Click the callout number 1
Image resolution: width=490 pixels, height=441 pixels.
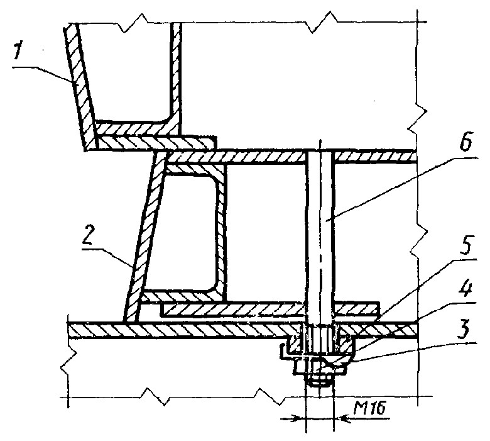[x=18, y=52]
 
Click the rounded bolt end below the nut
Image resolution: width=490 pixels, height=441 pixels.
[x=320, y=381]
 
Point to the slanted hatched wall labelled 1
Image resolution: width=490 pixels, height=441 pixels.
[x=80, y=87]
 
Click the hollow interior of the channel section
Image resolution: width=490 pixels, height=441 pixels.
[x=187, y=232]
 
